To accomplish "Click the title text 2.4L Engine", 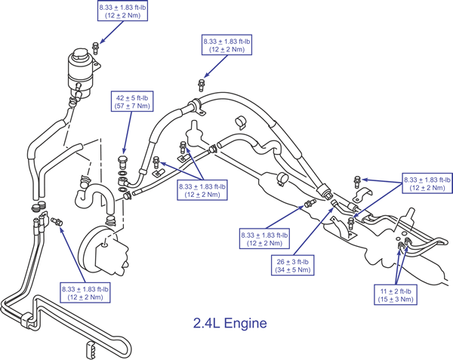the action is pyautogui.click(x=230, y=323).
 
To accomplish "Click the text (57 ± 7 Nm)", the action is pyautogui.click(x=132, y=106).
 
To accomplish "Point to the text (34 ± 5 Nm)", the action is pyautogui.click(x=293, y=270).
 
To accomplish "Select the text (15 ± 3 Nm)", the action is pyautogui.click(x=396, y=300).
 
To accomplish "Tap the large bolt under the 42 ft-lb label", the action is pyautogui.click(x=122, y=163).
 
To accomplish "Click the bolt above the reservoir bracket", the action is pyautogui.click(x=95, y=48).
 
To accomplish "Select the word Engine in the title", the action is pyautogui.click(x=245, y=323).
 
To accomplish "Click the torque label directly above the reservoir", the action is pyautogui.click(x=122, y=11).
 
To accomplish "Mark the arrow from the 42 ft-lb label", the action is pyautogui.click(x=128, y=133).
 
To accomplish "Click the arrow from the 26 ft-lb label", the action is pyautogui.click(x=314, y=231).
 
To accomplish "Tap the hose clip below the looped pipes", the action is pyautogui.click(x=91, y=350).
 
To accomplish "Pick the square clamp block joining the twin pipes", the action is pyautogui.click(x=26, y=321).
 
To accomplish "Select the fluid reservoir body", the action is pyautogui.click(x=79, y=75).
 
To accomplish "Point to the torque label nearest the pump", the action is pyautogui.click(x=85, y=293).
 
